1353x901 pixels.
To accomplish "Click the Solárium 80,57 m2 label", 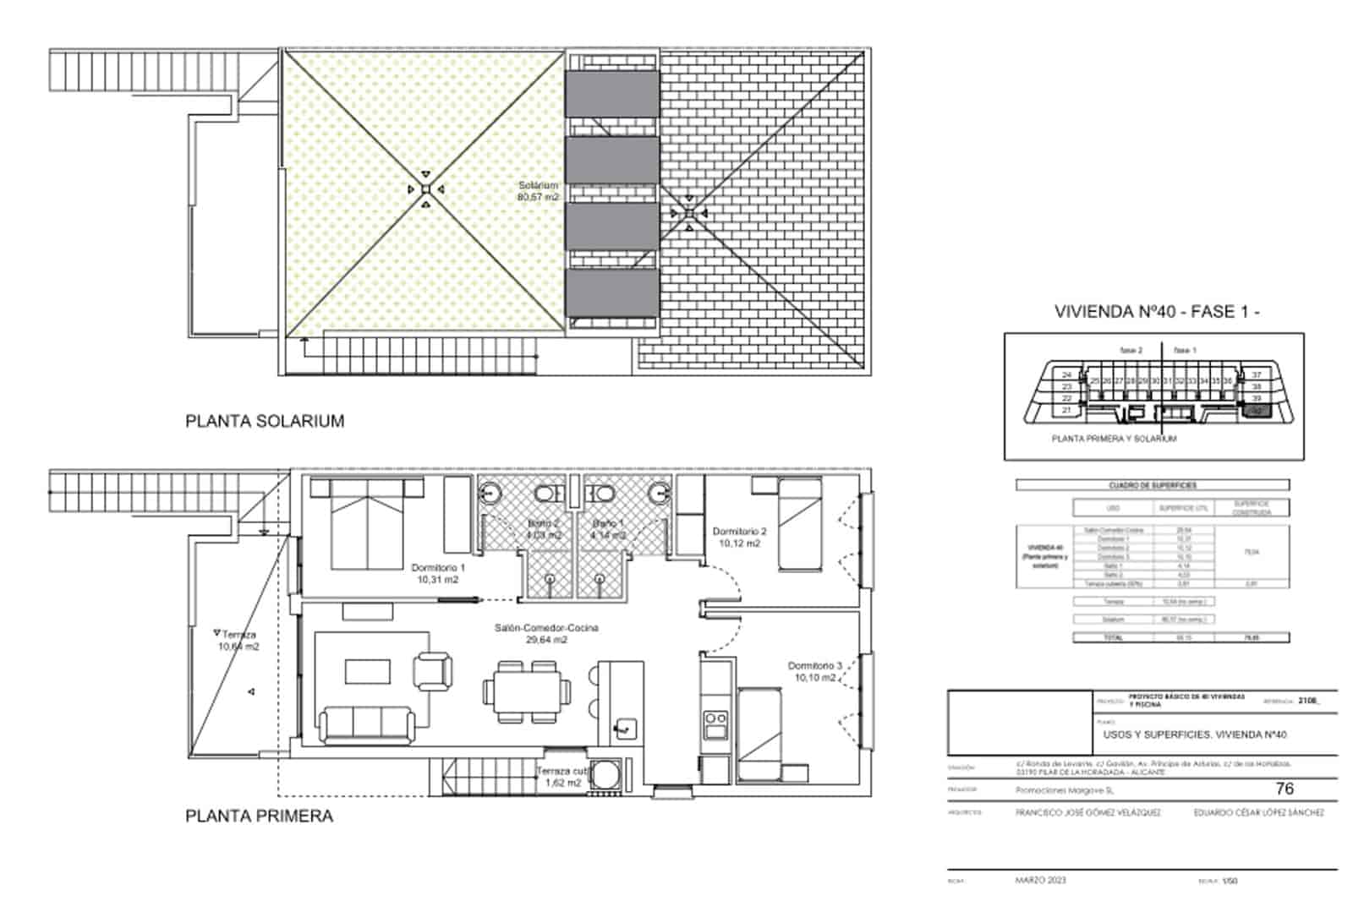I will click(538, 191).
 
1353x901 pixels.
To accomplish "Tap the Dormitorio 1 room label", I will click(437, 574).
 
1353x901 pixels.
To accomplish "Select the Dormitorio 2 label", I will click(739, 538).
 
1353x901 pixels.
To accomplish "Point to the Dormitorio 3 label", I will click(815, 672).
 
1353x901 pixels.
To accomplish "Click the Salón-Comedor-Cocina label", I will click(546, 634).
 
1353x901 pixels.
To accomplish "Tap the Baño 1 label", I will click(609, 529).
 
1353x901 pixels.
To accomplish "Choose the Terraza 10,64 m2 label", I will click(238, 641).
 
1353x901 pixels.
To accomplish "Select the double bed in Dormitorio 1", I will click(367, 526).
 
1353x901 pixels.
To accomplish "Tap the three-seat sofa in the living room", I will click(366, 724).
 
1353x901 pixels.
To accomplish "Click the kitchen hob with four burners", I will click(716, 724).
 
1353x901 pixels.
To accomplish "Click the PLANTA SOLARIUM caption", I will click(265, 421).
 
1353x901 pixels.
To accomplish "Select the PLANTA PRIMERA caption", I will click(259, 816).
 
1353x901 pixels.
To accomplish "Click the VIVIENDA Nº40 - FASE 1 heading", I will click(1157, 311).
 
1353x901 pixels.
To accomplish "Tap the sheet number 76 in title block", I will click(1284, 789).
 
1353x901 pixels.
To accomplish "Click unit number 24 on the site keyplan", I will click(1066, 374).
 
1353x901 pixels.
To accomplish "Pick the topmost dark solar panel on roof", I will click(611, 93).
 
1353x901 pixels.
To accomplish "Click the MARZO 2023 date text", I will click(1040, 880).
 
